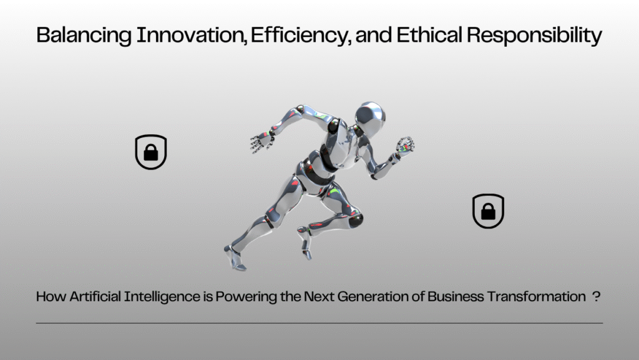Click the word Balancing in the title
(84, 36)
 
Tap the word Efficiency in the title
(300, 36)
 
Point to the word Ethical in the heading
(429, 34)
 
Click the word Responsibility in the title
(534, 36)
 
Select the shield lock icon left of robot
(151, 152)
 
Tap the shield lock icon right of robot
(488, 211)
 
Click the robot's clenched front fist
(406, 145)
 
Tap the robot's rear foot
(235, 258)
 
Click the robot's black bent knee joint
(355, 220)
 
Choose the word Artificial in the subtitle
(95, 296)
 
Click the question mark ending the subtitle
(596, 296)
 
